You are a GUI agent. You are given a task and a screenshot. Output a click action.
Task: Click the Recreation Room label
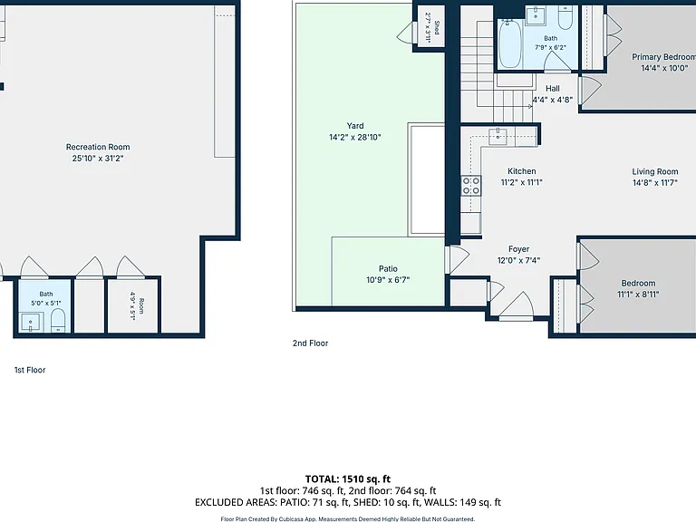98,147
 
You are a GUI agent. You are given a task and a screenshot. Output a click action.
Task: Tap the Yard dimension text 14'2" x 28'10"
355,137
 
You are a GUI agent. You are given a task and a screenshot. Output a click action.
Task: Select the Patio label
388,268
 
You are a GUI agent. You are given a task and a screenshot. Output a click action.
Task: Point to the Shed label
437,27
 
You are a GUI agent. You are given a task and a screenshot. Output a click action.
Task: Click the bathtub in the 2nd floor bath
510,43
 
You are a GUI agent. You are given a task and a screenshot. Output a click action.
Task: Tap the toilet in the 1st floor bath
58,321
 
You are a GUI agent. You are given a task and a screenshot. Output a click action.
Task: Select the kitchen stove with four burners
471,186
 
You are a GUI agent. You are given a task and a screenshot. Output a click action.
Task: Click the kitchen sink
498,137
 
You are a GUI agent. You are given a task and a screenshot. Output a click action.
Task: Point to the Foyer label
518,249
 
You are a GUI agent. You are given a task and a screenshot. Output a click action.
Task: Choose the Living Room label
654,171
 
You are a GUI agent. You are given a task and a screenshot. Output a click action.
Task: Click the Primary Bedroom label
664,57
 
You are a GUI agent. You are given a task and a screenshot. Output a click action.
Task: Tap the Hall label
553,88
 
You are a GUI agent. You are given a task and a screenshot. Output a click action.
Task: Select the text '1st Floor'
30,370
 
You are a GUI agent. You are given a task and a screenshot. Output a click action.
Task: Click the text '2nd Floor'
310,343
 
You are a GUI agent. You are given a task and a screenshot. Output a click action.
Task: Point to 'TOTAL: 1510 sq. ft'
348,478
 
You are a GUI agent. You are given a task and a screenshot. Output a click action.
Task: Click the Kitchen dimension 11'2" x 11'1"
522,182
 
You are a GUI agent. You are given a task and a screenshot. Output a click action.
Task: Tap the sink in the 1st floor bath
31,323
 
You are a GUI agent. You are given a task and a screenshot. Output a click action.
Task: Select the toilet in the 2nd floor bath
565,18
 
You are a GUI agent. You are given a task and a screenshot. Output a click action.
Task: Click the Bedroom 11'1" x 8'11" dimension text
638,294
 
